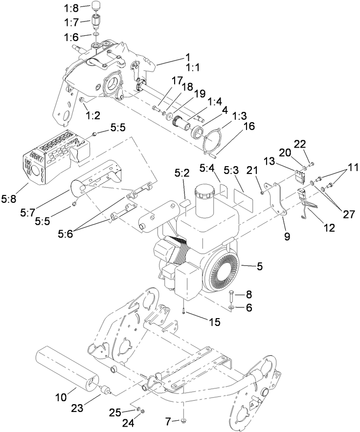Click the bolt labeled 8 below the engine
[x=231, y=296]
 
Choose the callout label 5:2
[x=181, y=173]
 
